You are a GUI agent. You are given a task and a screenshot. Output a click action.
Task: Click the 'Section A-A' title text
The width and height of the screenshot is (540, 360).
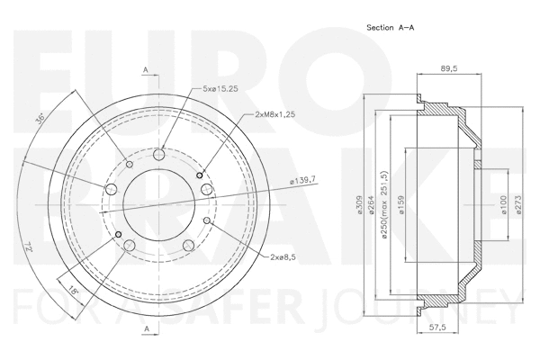tap(392, 28)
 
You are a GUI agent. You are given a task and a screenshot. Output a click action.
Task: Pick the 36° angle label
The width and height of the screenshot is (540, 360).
tap(39, 121)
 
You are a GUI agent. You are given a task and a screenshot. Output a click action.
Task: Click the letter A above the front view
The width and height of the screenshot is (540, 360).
tap(145, 69)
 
